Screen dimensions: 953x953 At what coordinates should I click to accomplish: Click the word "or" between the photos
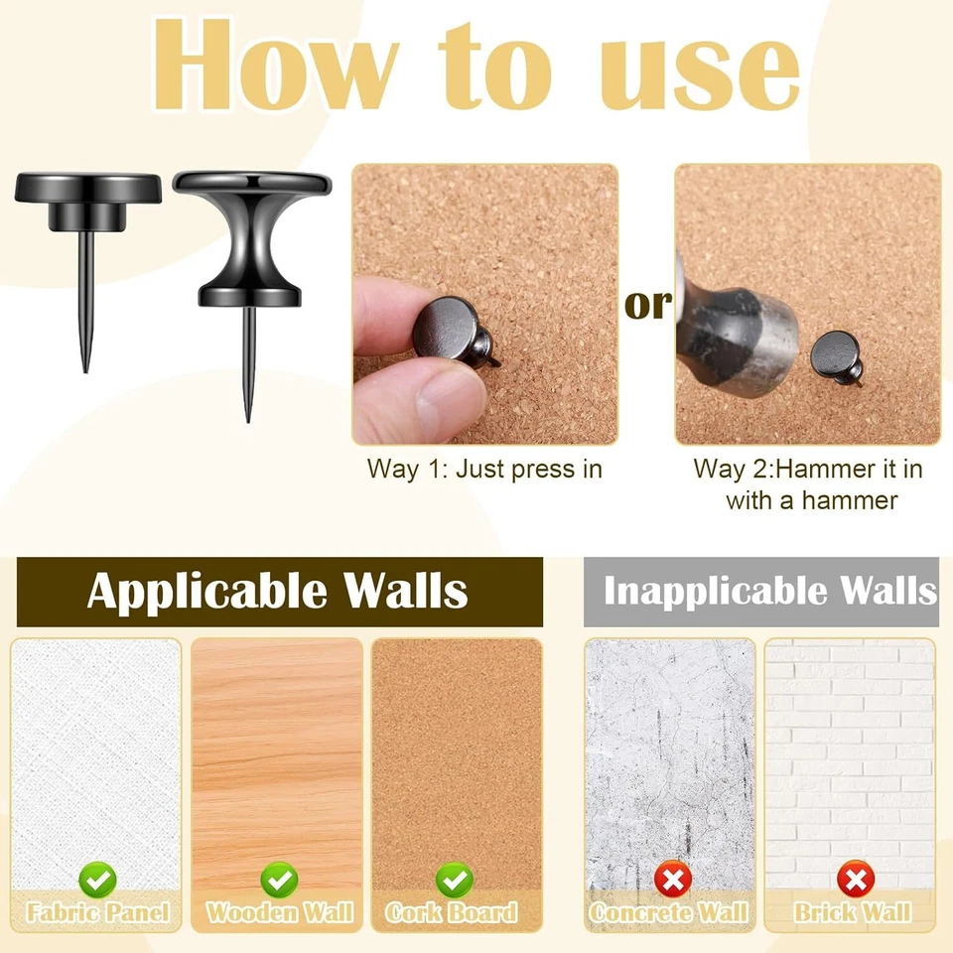click(x=647, y=306)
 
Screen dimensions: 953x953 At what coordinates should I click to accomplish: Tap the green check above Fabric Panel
click(x=98, y=879)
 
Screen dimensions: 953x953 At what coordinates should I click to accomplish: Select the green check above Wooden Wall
click(x=278, y=879)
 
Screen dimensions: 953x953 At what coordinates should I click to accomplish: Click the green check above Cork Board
click(x=455, y=879)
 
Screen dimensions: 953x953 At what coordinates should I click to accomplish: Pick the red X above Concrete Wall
click(x=671, y=879)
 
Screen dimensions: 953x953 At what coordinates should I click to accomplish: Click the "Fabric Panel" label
click(x=98, y=912)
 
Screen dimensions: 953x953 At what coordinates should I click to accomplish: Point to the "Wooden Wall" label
click(x=278, y=912)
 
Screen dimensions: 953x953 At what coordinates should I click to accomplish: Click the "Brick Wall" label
click(x=852, y=912)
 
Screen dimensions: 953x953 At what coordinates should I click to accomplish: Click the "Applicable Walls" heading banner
click(x=279, y=592)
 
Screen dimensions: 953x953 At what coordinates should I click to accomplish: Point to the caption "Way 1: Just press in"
click(x=484, y=470)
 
